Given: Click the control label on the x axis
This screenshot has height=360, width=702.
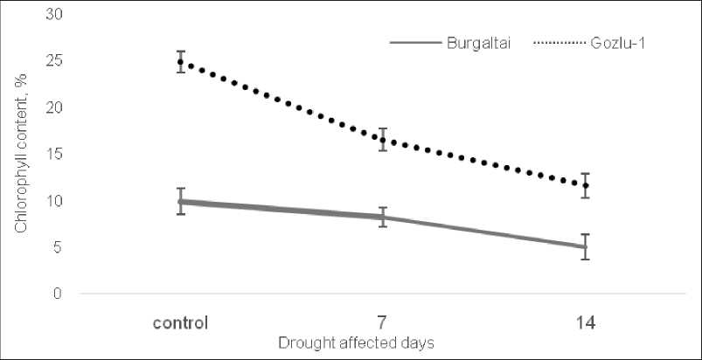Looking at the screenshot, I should [180, 322].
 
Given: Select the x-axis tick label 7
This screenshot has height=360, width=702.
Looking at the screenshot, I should [383, 322].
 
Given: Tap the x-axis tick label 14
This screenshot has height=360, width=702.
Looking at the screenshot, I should [586, 322].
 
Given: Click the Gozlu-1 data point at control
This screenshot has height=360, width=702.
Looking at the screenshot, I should [181, 62].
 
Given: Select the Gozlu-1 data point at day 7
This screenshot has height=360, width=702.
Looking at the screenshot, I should [383, 140].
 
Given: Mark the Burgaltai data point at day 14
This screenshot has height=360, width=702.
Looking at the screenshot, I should [586, 246].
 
